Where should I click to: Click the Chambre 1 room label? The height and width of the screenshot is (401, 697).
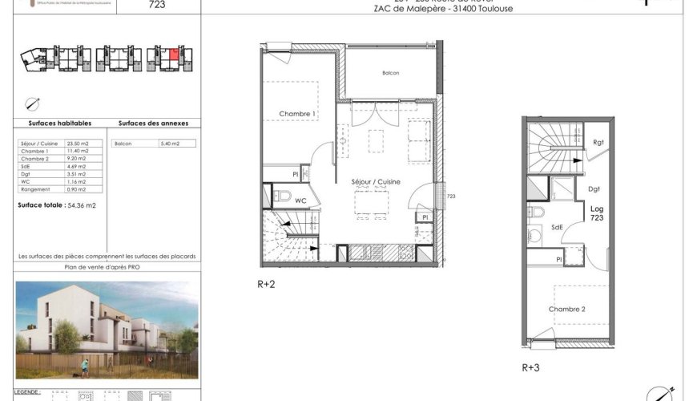point(297,114)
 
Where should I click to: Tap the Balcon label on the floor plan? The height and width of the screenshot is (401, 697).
point(390,73)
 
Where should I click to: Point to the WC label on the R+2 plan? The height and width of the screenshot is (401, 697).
point(300,200)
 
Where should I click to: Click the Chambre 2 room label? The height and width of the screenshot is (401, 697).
point(566,309)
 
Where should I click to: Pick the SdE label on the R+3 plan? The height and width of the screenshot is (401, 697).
point(556,227)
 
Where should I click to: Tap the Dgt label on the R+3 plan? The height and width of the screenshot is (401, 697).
point(594,190)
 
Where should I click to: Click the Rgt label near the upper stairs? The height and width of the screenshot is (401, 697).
point(598,143)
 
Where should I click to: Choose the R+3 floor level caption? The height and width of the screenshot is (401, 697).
point(531,368)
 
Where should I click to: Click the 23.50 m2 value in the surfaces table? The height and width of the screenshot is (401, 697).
point(79,144)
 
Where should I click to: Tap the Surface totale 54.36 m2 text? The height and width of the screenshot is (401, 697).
point(57,205)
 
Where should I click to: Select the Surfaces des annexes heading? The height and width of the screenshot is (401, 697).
point(153,124)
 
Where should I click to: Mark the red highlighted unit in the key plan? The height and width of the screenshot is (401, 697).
point(174,55)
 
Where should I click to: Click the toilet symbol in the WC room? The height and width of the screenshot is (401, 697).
point(282,195)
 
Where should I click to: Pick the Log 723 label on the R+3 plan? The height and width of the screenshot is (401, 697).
point(597,214)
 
